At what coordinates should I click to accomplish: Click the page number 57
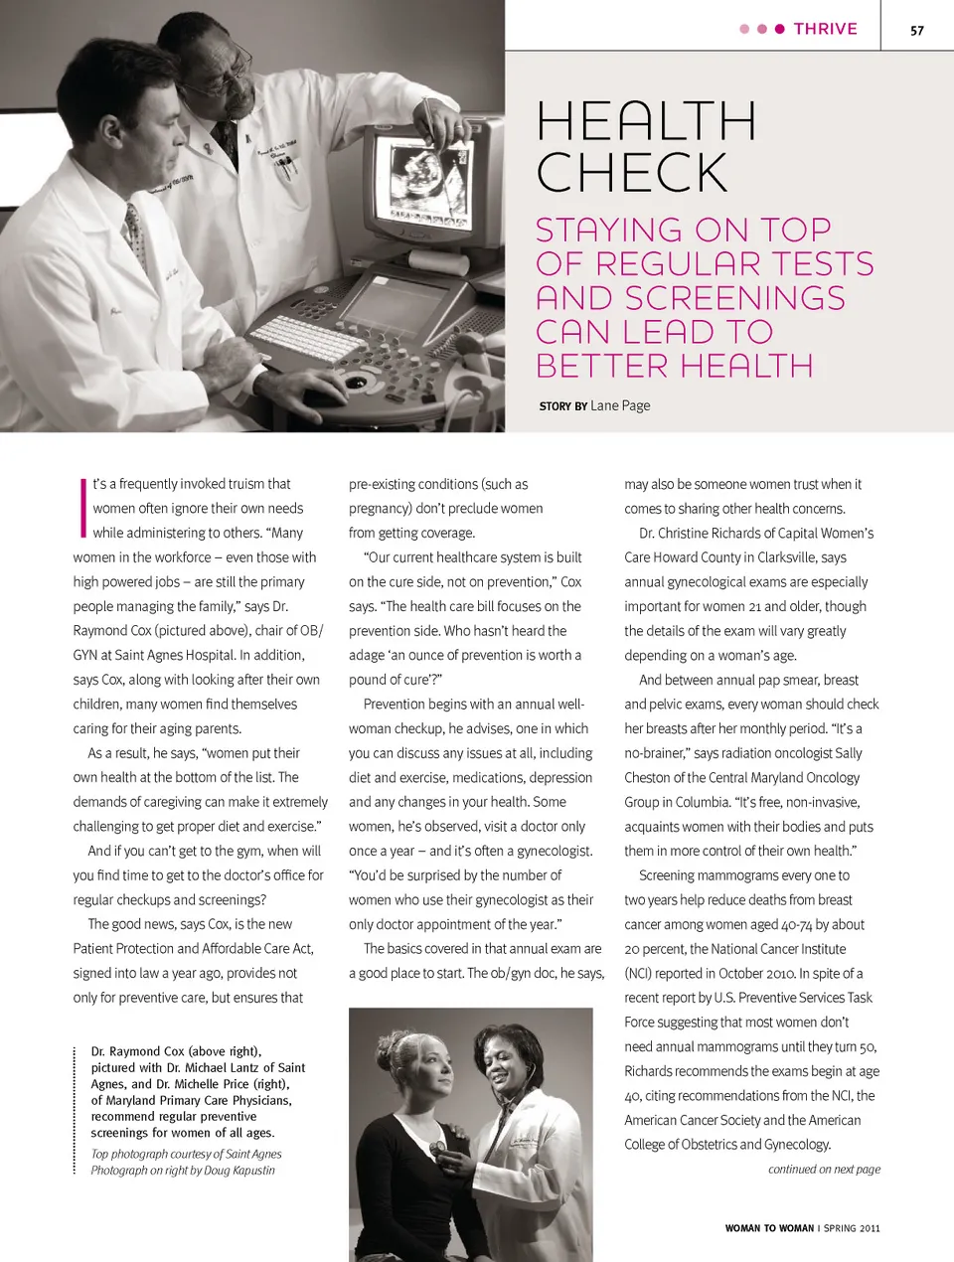coord(916,30)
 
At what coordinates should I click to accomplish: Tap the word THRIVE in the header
coord(825,29)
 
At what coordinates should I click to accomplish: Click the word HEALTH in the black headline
coord(646,121)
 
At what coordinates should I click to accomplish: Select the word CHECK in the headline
coord(632,173)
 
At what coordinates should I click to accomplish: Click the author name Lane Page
coord(620,405)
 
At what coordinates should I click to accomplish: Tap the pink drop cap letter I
coord(81,507)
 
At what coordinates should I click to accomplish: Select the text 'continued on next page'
coord(824,1170)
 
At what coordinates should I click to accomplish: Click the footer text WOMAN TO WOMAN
coord(769,1228)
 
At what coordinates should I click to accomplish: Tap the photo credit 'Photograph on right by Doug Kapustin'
coord(183,1171)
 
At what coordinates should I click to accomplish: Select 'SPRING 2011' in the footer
coord(852,1228)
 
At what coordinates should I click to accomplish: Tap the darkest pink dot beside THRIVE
coord(780,29)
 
